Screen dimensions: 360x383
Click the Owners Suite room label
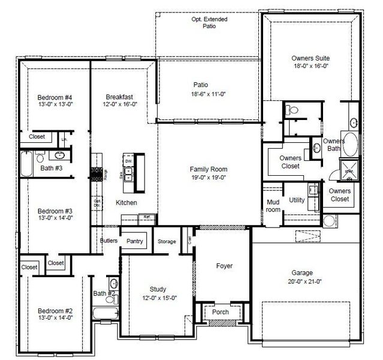[x=310, y=58]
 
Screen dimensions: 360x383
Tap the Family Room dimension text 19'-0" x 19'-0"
[x=209, y=178]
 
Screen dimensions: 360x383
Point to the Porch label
[x=221, y=312]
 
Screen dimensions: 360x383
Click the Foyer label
[x=224, y=266]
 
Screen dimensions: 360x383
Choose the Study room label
[x=158, y=289]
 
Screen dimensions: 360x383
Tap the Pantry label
[x=135, y=241]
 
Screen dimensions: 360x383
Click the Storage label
[x=167, y=241]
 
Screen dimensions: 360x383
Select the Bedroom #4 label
[x=55, y=98]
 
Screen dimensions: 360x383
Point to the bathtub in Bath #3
[x=27, y=161]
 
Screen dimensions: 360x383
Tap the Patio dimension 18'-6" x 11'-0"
[x=209, y=94]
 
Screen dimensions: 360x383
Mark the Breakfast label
[x=119, y=97]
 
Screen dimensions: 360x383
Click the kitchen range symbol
[x=96, y=174]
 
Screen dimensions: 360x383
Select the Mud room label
[x=273, y=206]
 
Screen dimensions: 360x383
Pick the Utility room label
[x=297, y=200]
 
